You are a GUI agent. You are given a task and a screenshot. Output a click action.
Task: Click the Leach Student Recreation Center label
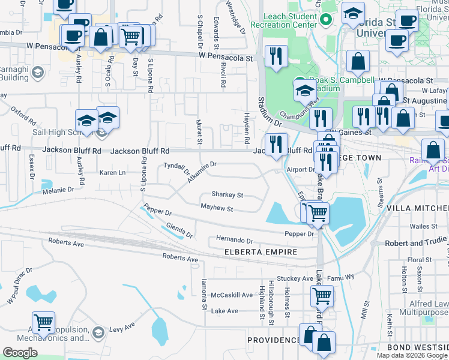point(283,21)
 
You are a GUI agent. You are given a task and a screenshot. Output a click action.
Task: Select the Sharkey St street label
point(227,194)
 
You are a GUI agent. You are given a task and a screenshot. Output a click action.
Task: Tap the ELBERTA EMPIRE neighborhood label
point(261,252)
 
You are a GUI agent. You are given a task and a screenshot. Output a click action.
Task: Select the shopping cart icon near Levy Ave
point(43,322)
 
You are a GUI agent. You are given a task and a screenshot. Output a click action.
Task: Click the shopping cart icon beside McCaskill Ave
point(322,295)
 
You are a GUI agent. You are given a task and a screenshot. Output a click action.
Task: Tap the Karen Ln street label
point(112,173)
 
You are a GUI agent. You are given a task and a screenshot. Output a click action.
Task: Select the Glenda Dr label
point(179,229)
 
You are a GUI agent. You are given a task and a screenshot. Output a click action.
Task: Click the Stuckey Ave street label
point(300,278)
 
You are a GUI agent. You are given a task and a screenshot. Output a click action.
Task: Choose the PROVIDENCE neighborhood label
point(274,340)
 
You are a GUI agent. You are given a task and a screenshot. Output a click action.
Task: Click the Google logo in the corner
point(20,353)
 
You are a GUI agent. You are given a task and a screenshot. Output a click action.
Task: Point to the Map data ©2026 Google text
point(412,355)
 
